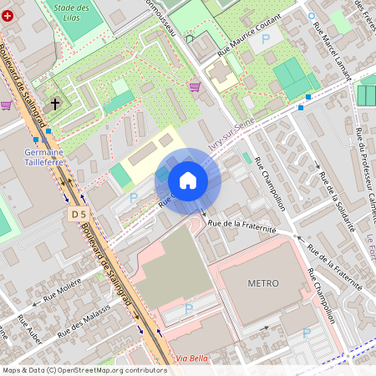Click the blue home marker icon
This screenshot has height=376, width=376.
coord(188,180)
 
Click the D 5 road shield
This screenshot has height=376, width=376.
coord(79,214)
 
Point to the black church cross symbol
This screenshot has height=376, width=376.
coord(55,104)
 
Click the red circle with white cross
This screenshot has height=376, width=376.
coord(8,16)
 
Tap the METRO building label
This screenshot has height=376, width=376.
coord(262,283)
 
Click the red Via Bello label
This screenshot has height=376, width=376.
coord(194,358)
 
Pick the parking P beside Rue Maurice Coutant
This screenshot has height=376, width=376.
coord(266,38)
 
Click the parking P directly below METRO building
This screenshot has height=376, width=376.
coord(306,333)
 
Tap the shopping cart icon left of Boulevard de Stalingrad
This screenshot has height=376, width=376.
coord(7,105)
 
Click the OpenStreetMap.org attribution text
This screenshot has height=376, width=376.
coord(109,369)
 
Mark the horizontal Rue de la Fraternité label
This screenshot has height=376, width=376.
coord(241,223)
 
